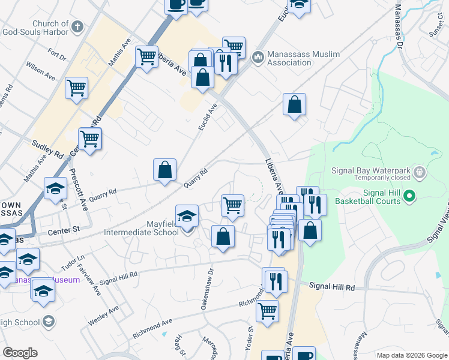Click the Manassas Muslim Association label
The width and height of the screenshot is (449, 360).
click(x=303, y=58)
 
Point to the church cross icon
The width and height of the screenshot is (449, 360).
click(x=77, y=27)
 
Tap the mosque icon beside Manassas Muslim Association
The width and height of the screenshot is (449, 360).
click(x=258, y=58)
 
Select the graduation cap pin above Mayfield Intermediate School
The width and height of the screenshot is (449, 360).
click(x=187, y=217)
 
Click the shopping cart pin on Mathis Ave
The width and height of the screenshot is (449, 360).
click(x=146, y=58)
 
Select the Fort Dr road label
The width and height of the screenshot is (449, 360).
click(x=58, y=55)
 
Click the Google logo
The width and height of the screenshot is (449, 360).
click(x=20, y=353)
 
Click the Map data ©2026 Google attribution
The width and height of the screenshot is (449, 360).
click(x=412, y=355)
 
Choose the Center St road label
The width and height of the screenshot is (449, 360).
click(x=68, y=229)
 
